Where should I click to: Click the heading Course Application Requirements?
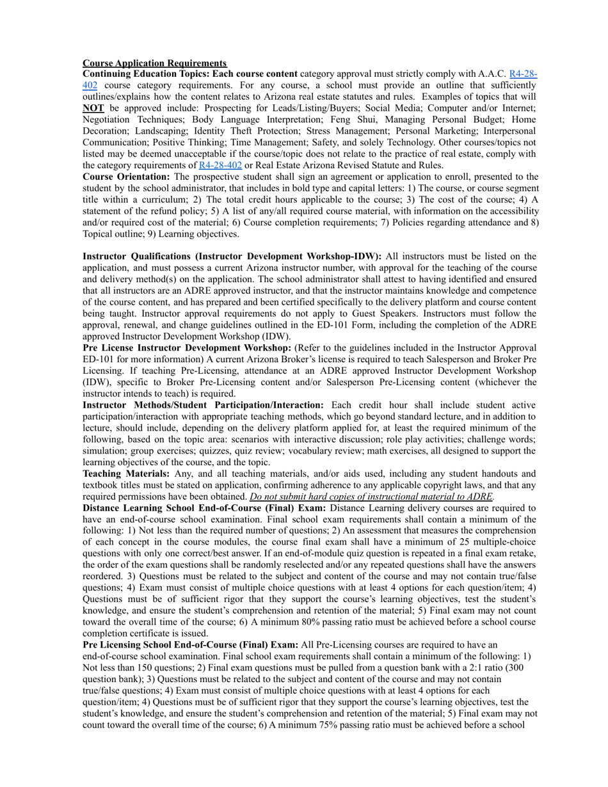154,63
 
